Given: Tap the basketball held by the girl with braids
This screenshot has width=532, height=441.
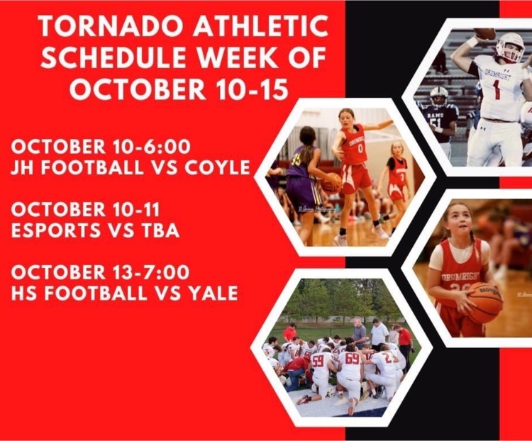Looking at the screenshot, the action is tap(485, 302).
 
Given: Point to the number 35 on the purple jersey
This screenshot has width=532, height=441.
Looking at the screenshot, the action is tap(295, 160).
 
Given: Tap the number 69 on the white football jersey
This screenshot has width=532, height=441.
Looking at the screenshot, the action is tap(352, 358).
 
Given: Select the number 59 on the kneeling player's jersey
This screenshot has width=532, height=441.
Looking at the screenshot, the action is tap(318, 361).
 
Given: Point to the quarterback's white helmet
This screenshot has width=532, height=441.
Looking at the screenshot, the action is tap(509, 47).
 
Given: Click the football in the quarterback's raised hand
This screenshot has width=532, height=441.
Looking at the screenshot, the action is tap(485, 33).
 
